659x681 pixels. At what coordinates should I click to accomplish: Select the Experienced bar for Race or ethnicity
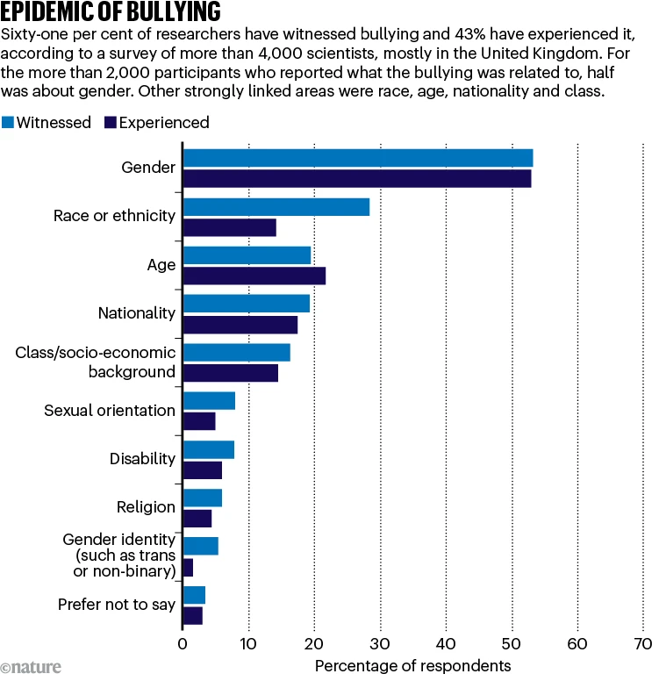[229, 228]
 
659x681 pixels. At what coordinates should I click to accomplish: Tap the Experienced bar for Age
[254, 276]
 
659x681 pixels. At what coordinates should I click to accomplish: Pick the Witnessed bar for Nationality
[247, 304]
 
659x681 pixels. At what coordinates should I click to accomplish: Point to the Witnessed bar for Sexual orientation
[209, 401]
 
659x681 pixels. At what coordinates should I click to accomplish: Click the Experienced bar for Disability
[203, 470]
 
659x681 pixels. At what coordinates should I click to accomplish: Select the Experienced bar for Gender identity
[188, 568]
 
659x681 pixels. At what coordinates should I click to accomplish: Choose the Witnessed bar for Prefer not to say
[194, 595]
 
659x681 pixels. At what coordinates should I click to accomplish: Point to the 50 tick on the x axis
[512, 644]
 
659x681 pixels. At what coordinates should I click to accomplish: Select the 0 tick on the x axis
[183, 644]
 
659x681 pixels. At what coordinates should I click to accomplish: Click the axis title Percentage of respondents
[412, 665]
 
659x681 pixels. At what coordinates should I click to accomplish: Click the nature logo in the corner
[32, 668]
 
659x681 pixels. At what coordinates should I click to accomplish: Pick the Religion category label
[146, 507]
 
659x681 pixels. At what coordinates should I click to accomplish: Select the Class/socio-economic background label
[96, 362]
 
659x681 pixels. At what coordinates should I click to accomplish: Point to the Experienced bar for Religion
[197, 519]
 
